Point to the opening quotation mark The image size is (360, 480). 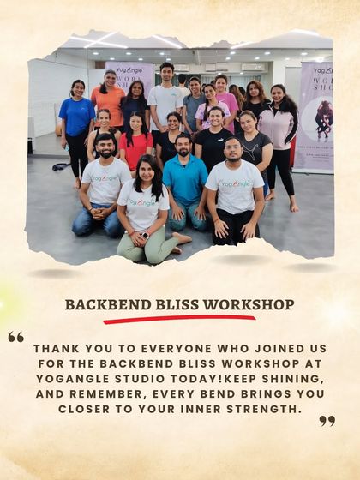pos(15,337)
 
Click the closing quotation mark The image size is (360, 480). pos(327,421)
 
